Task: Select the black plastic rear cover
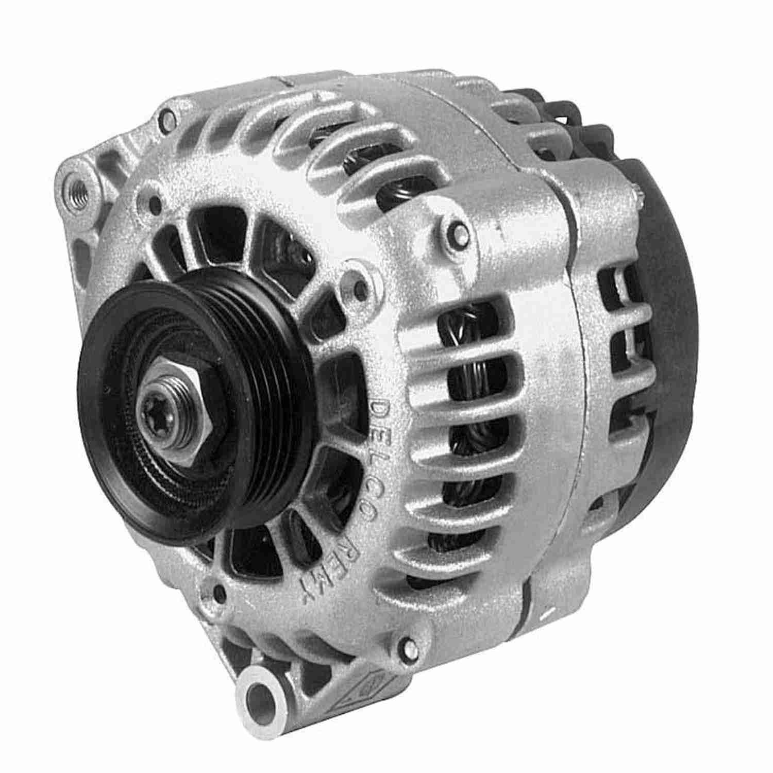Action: (x=665, y=309)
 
